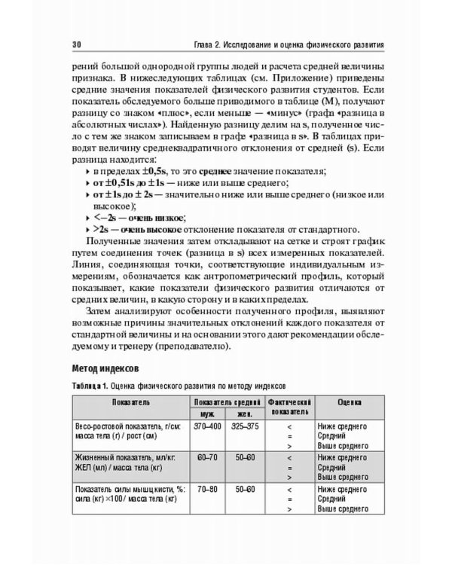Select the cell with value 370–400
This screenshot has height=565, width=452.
click(206, 426)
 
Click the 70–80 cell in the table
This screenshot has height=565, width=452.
click(206, 489)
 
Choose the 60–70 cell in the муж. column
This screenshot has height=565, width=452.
click(206, 457)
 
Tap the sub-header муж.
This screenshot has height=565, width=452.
click(206, 414)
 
